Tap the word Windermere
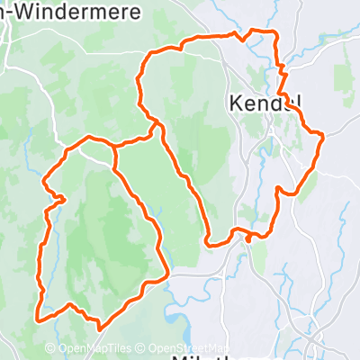point(59,11)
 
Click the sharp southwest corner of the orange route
point(38,318)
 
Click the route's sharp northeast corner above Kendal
point(274,33)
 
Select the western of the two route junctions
point(115,146)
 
